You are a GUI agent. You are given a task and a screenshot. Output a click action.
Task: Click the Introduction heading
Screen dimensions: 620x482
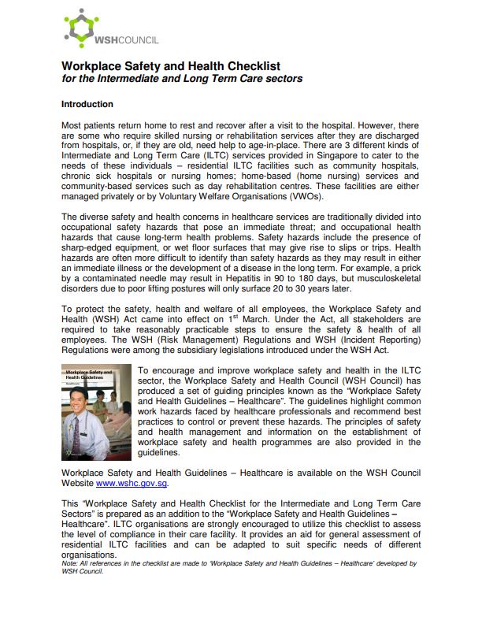(x=87, y=104)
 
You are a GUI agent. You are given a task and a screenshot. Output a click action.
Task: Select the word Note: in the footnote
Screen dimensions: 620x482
(x=70, y=564)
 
